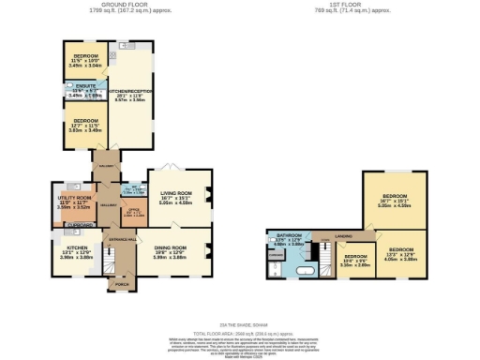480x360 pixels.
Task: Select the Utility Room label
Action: point(75,198)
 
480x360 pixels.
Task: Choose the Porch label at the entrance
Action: point(122,283)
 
